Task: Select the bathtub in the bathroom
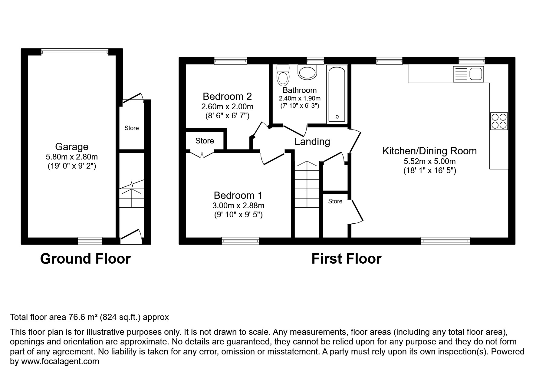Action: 337,94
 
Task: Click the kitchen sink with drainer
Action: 468,74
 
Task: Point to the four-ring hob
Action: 499,121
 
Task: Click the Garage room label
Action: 72,147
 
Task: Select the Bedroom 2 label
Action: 227,97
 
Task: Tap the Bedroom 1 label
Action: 238,195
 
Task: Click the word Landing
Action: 312,142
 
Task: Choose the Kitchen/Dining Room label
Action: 429,151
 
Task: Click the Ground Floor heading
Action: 85,259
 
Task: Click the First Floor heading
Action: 346,259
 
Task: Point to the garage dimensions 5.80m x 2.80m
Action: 72,157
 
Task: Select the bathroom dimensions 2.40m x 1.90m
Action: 299,99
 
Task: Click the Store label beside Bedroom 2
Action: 205,141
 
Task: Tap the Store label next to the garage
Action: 132,128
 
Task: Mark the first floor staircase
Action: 307,185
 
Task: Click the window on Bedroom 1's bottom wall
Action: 240,241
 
